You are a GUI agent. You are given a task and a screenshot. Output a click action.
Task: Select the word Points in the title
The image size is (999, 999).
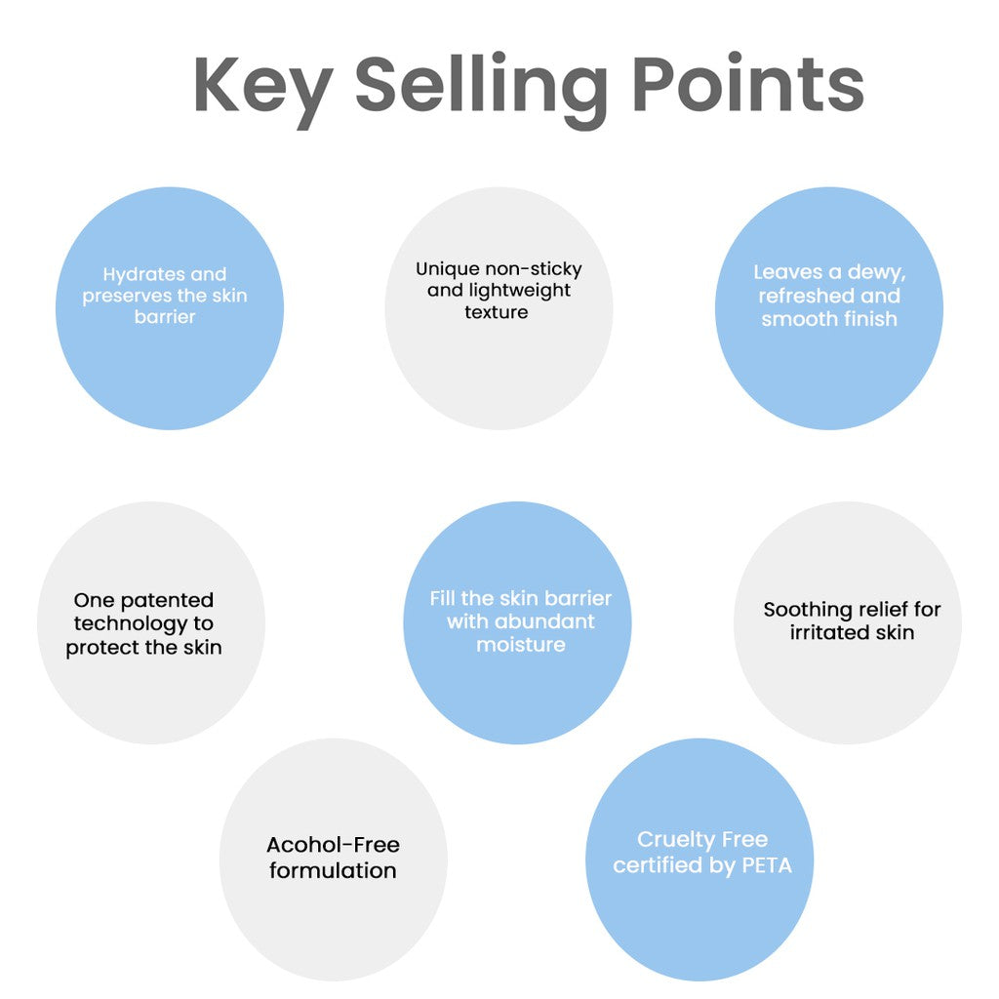pos(747,86)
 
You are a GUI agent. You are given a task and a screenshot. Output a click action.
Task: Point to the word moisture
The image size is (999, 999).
pos(520,644)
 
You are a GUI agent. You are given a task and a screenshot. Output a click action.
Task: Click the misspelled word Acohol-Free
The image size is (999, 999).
pos(333,845)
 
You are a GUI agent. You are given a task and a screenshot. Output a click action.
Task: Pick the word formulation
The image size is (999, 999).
pos(333,870)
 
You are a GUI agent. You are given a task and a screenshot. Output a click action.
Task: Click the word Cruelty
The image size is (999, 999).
pos(676,839)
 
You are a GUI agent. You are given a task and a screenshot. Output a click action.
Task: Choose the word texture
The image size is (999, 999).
pos(497,312)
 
